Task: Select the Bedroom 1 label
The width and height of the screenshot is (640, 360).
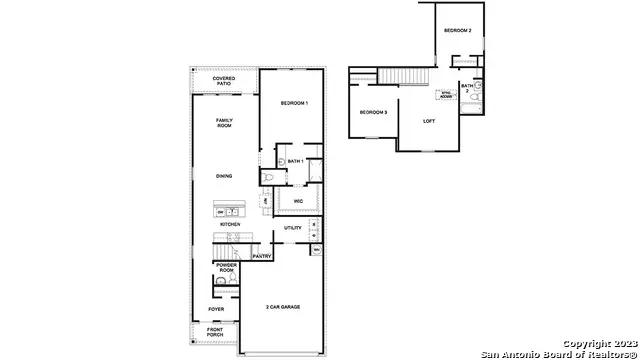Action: point(294,104)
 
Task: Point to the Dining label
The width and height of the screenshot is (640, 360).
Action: point(224,176)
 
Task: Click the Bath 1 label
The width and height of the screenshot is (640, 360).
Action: point(295,161)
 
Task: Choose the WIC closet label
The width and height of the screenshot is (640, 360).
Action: point(298,202)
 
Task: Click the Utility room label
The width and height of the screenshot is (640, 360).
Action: point(293,228)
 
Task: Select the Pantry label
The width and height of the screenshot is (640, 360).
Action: point(262,256)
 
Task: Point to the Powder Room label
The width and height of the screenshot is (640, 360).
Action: point(226,269)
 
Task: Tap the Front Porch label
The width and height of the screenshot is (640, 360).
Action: point(215,333)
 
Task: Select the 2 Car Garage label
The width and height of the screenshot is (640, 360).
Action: point(283,307)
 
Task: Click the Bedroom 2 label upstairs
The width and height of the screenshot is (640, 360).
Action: point(457,30)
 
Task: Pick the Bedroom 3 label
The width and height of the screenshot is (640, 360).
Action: point(373,111)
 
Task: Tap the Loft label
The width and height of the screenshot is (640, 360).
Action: point(429,121)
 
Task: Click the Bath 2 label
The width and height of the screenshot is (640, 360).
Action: point(467,88)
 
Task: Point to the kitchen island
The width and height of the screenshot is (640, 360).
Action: point(231,212)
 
